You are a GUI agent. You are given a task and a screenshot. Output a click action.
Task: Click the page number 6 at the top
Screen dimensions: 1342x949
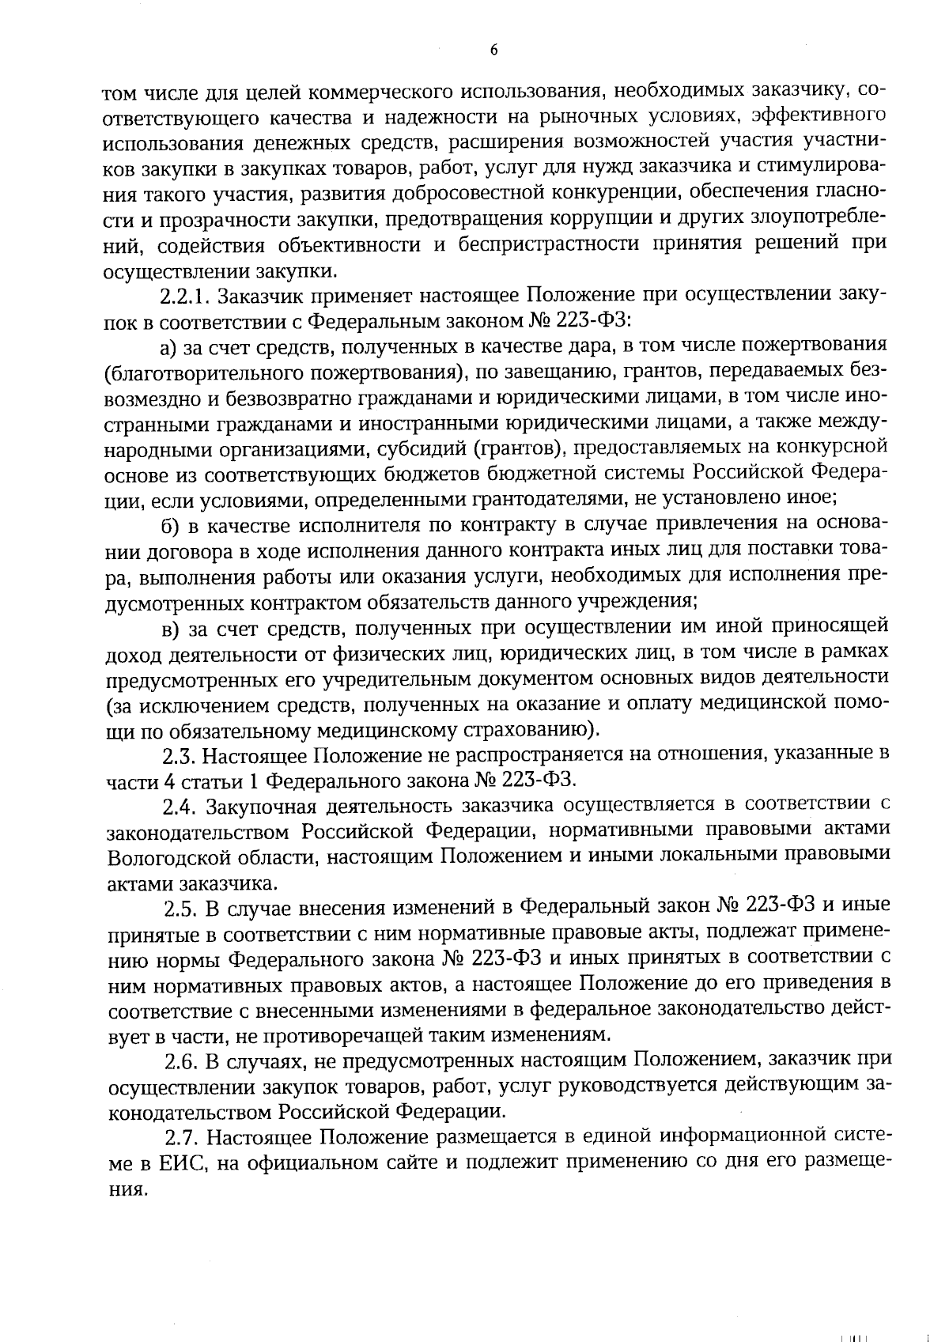tap(493, 50)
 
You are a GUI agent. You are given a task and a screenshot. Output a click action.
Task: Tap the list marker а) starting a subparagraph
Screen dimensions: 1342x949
tap(167, 347)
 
